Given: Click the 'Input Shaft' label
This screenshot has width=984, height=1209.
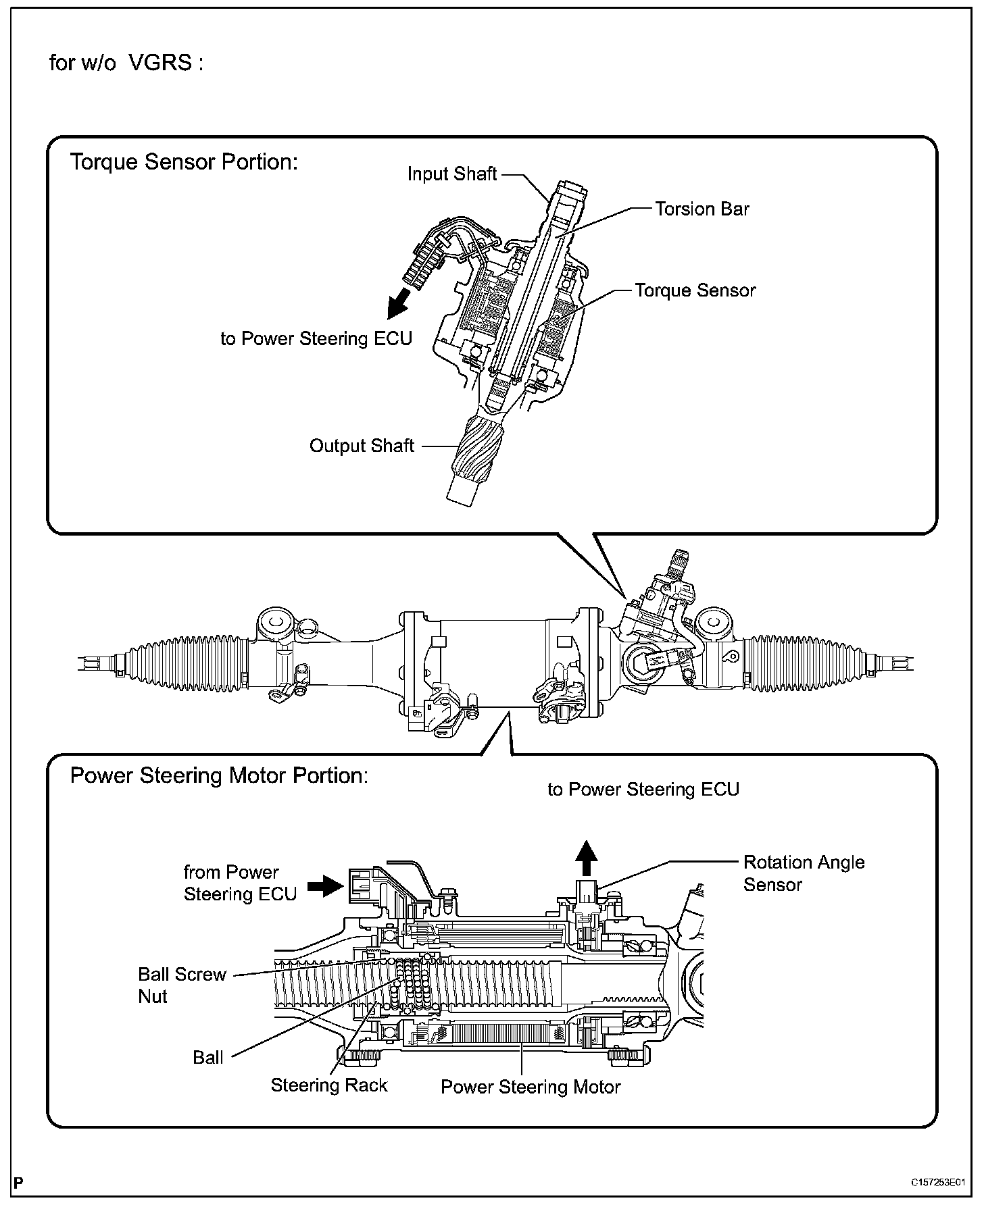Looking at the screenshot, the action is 452,174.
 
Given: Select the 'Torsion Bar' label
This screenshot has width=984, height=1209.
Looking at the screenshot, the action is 702,209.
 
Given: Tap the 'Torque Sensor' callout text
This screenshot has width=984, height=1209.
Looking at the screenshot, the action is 695,290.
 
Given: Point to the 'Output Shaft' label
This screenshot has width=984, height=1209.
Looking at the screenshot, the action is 362,446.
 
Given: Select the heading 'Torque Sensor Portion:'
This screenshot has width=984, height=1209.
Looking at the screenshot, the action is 184,163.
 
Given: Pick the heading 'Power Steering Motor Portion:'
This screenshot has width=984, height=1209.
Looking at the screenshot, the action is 219,775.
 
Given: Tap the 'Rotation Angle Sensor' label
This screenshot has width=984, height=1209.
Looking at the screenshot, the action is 804,873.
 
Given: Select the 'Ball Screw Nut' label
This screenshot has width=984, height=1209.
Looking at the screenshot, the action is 182,985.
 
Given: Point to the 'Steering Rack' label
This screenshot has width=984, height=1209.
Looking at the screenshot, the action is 329,1085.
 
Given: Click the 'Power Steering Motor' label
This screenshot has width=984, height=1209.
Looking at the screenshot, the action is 531,1087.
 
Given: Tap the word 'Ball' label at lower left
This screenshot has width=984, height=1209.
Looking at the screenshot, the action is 208,1058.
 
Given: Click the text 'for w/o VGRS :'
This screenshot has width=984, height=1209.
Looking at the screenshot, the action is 126,63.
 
